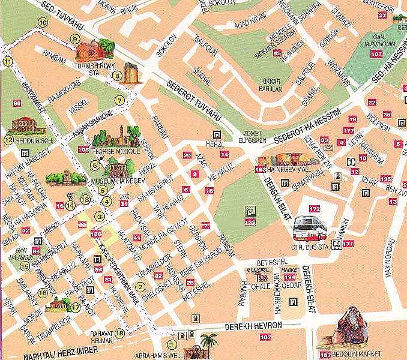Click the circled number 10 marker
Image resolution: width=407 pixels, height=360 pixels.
42,22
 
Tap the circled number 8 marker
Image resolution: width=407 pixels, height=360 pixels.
118,76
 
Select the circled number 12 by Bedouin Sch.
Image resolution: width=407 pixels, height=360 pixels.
8,140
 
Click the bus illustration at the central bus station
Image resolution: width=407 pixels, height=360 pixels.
311,228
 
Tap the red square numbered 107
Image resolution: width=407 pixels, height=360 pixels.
376,54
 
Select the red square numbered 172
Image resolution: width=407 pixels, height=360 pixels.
315,209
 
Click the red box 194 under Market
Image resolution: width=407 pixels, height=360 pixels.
290,278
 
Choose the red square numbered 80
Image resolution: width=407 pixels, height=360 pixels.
16,103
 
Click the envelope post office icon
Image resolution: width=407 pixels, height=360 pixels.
124,196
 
